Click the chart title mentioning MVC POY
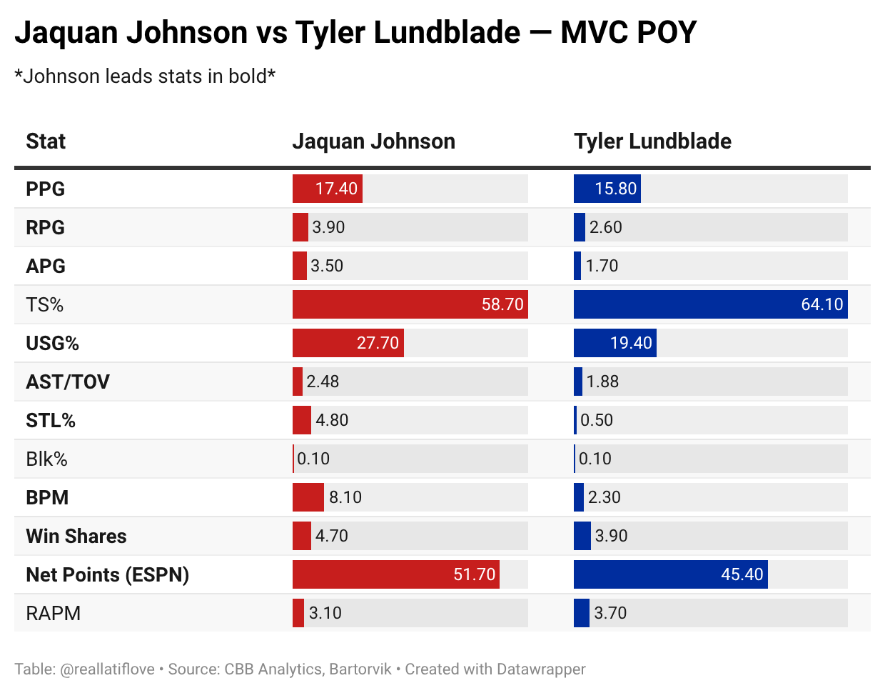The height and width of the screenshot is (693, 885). click(x=355, y=33)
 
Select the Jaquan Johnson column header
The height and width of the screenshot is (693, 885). click(x=373, y=141)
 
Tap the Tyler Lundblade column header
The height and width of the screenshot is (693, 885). click(x=652, y=141)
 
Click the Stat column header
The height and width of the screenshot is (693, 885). click(x=46, y=141)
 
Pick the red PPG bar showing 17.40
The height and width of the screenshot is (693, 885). click(x=328, y=189)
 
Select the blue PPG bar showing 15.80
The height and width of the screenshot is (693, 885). click(x=607, y=189)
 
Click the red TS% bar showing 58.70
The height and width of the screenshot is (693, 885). click(x=410, y=304)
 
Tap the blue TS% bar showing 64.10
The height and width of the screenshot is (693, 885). click(x=710, y=304)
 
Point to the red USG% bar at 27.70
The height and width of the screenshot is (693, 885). click(x=348, y=343)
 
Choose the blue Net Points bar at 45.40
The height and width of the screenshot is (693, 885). click(x=670, y=574)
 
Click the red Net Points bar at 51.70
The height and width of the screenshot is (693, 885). click(x=395, y=574)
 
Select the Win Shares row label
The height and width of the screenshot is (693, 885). click(x=76, y=536)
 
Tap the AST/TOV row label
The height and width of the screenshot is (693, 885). click(x=68, y=382)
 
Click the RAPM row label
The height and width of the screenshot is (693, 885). click(x=54, y=613)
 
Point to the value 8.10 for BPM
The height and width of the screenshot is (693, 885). click(x=345, y=497)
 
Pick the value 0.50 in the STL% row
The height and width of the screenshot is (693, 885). click(x=597, y=420)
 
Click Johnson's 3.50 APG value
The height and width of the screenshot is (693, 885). click(x=327, y=266)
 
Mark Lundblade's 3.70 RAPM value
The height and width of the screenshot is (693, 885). click(x=611, y=613)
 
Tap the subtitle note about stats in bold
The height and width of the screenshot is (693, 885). click(x=145, y=76)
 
